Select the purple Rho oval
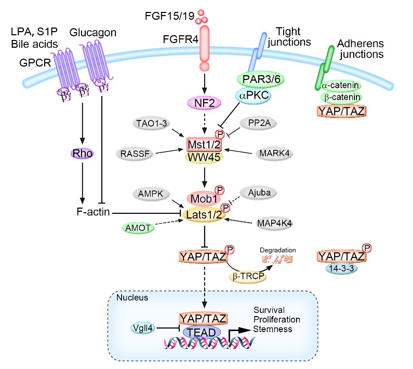coord(82,154)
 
